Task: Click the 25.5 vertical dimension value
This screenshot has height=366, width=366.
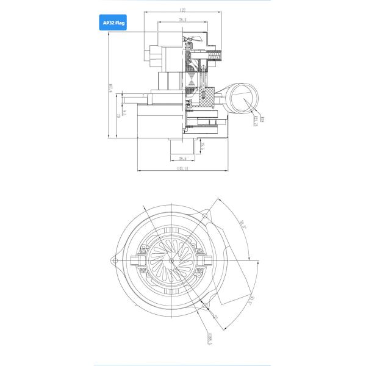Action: coord(202,145)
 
